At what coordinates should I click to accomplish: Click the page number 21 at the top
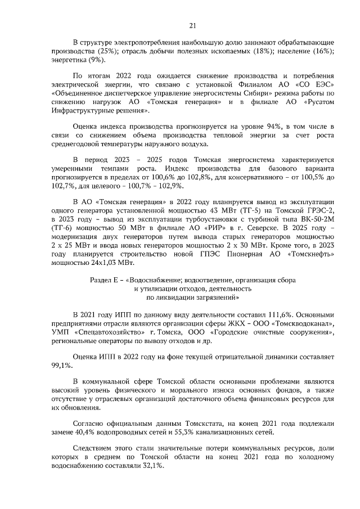coord(192,25)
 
